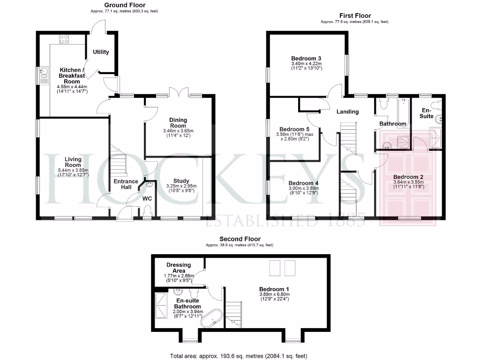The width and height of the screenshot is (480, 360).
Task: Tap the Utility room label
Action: click(x=101, y=52)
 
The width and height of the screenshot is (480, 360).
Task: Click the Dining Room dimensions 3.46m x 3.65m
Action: click(x=178, y=131)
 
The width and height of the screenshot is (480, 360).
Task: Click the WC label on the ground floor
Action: click(x=148, y=198)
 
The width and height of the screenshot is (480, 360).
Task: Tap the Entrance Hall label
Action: click(x=126, y=184)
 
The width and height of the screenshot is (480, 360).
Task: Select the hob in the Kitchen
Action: click(x=63, y=40)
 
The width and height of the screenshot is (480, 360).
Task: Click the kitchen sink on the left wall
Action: click(x=43, y=73)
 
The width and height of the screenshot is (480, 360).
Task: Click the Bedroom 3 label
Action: click(x=306, y=58)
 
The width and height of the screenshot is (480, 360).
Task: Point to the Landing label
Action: click(x=347, y=112)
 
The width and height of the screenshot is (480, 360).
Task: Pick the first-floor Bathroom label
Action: click(x=392, y=124)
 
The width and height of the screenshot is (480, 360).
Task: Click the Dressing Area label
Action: click(x=178, y=268)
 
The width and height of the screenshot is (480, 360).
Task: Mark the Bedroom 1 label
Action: click(x=272, y=289)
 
